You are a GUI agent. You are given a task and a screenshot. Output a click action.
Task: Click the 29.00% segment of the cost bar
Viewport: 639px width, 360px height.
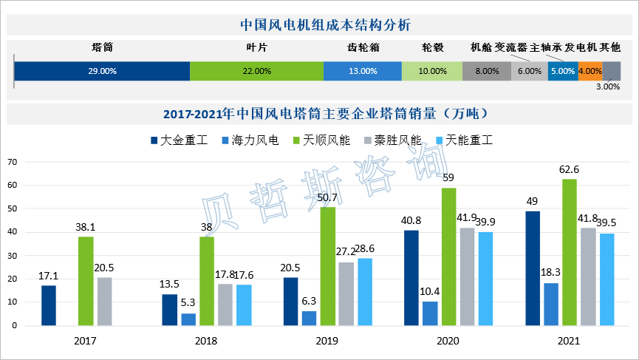click(x=102, y=71)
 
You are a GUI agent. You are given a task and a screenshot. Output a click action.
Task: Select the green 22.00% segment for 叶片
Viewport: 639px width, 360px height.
click(x=256, y=71)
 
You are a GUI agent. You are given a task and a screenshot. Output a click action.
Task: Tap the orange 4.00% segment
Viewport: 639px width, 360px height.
click(x=590, y=71)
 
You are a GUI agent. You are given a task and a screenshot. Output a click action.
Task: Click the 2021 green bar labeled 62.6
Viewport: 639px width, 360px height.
click(x=569, y=252)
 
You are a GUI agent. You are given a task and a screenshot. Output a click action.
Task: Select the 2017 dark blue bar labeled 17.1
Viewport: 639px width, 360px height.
click(x=49, y=305)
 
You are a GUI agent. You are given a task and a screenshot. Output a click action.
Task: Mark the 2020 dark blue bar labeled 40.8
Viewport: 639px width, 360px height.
click(x=411, y=278)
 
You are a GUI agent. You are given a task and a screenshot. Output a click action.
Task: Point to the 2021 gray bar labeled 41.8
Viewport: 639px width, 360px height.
click(x=587, y=276)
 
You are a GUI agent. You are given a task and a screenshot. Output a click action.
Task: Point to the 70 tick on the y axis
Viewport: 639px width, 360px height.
click(x=12, y=162)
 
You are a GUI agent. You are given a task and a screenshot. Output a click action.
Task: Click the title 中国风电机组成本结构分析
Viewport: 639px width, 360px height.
click(x=319, y=24)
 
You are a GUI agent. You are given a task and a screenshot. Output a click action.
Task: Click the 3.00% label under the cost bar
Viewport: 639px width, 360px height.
click(x=607, y=86)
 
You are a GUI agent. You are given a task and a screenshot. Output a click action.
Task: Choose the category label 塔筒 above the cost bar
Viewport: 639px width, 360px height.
click(x=102, y=47)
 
